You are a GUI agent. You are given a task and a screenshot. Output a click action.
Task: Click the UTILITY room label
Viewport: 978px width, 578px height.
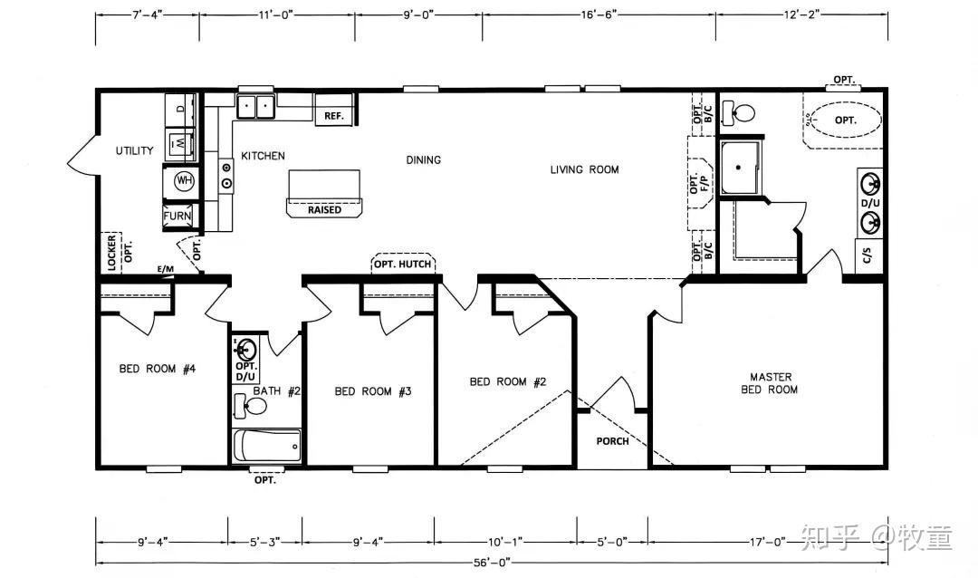pos(134,150)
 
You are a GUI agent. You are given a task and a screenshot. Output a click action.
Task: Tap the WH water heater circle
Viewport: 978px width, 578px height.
pos(184,181)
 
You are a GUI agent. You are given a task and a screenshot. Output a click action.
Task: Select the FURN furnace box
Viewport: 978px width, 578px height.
pos(177,216)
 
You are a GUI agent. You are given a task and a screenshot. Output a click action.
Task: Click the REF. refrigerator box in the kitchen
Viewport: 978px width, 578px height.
pos(334,110)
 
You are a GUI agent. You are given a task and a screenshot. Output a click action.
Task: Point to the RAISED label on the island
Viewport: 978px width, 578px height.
pos(324,209)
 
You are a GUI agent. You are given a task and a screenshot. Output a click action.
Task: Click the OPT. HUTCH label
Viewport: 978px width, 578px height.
pos(402,264)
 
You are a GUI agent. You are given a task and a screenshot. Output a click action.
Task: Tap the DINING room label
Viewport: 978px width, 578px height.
pos(424,159)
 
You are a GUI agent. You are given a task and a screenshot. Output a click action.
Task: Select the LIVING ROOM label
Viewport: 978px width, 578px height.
pos(584,169)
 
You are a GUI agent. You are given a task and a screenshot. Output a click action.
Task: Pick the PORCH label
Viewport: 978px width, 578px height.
pos(612,441)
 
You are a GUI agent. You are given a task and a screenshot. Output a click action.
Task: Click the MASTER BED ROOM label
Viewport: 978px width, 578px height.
pos(771,383)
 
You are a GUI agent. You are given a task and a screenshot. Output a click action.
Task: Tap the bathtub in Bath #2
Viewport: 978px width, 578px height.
pos(267,445)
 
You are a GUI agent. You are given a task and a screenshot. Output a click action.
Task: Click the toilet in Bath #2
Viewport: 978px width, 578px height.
pos(250,407)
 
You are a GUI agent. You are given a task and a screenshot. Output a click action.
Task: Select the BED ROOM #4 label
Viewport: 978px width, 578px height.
pos(158,369)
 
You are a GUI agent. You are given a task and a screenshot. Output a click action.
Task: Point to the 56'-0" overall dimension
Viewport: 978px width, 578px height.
pos(492,563)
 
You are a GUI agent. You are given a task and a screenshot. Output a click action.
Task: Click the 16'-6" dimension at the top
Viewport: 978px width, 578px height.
pos(599,14)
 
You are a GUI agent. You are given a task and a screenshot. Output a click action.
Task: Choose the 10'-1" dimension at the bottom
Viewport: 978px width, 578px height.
pos(505,543)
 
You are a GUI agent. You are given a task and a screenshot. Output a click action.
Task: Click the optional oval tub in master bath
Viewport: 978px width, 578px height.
pos(845,120)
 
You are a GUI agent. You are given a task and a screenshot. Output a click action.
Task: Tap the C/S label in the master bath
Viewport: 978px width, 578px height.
pos(867,255)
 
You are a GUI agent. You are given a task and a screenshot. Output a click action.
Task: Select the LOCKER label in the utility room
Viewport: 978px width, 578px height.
pos(111,253)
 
